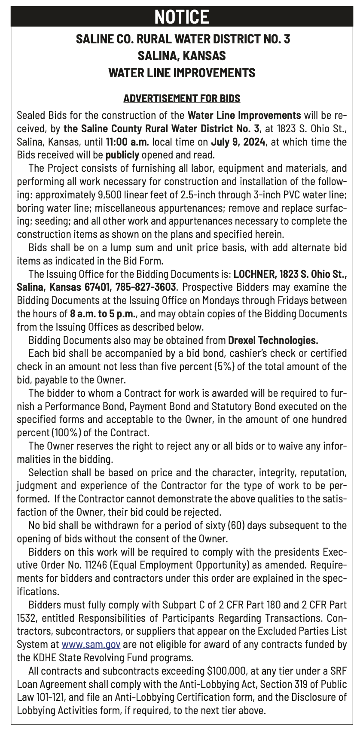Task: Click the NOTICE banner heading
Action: pyautogui.click(x=181, y=17)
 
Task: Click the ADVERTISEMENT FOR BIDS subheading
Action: pyautogui.click(x=181, y=99)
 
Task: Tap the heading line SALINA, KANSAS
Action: pyautogui.click(x=181, y=56)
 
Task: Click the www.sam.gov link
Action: pyautogui.click(x=91, y=645)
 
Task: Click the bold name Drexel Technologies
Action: pyautogui.click(x=273, y=341)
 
